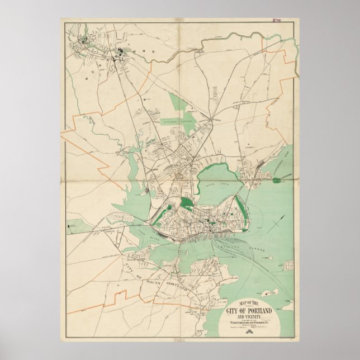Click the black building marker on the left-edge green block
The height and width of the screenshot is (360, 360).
pos(70,226)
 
